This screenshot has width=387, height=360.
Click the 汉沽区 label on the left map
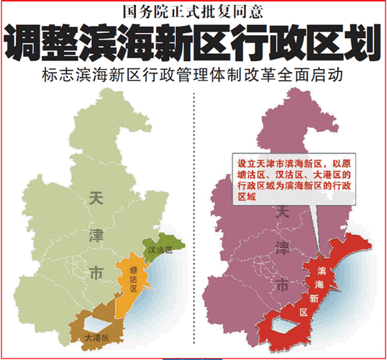click(160, 250)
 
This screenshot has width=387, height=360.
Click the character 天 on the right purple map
click(285, 213)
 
